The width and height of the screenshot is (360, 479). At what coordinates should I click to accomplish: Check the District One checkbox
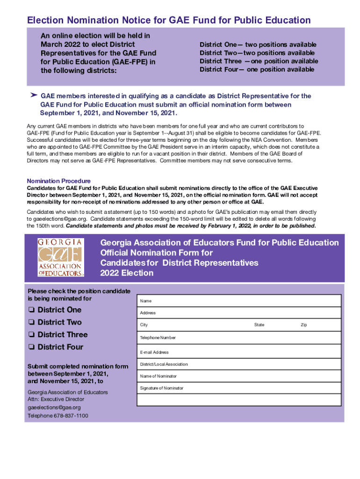click(x=31, y=310)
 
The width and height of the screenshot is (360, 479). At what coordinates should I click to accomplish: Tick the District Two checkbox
click(x=31, y=322)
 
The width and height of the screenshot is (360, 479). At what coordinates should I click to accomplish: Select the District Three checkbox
click(x=31, y=335)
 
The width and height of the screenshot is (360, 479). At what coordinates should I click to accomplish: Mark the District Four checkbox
click(x=31, y=347)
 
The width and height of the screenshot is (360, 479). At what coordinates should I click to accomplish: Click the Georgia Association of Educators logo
click(x=60, y=258)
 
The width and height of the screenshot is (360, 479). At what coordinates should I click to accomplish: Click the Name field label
click(x=145, y=301)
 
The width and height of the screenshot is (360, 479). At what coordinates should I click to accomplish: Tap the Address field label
click(x=148, y=313)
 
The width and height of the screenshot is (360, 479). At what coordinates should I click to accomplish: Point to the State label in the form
click(x=259, y=325)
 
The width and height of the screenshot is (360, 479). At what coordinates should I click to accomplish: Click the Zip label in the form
click(x=303, y=325)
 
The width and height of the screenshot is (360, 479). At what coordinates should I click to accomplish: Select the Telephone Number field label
click(x=158, y=338)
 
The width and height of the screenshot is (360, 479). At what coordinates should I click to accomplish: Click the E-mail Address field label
click(x=154, y=352)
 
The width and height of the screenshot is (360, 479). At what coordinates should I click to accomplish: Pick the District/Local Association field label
click(x=164, y=364)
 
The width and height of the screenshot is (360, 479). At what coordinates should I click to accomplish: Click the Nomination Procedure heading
click(x=59, y=181)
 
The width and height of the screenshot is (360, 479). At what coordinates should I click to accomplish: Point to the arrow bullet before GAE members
click(x=33, y=95)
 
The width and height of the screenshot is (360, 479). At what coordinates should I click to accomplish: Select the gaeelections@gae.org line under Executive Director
click(x=51, y=407)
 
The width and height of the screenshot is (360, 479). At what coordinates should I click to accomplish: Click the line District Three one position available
click(x=259, y=61)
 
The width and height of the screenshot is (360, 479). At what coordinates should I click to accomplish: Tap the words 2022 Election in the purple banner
click(x=127, y=273)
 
